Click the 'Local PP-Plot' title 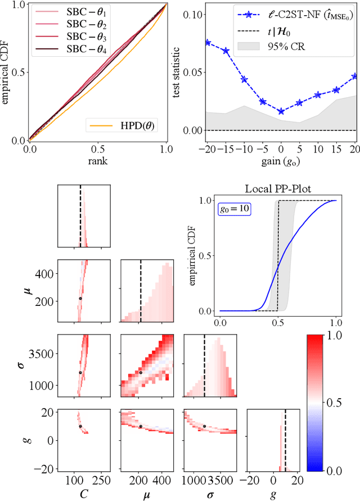click(x=278, y=188)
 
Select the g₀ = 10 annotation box click(x=235, y=209)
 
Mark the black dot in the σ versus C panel click(x=80, y=372)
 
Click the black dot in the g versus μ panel click(x=140, y=426)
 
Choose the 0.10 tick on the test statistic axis click(x=188, y=13)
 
